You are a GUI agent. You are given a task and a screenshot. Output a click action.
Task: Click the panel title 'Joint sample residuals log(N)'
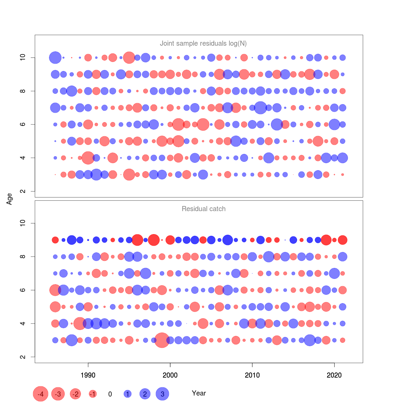tap(203, 43)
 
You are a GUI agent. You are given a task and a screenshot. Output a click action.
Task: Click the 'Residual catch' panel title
tap(203, 209)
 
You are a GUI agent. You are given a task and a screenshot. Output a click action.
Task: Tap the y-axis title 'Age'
tap(9, 199)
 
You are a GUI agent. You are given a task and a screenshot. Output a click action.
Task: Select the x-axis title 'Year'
tap(199, 393)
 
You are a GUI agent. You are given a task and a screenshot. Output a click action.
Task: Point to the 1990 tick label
tap(88, 375)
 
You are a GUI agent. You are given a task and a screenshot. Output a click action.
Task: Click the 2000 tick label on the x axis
tap(170, 375)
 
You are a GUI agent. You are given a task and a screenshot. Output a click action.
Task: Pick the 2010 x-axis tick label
tap(252, 375)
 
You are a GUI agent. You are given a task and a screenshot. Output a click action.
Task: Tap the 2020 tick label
tap(334, 375)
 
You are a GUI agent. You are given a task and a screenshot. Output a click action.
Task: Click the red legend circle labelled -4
tap(41, 394)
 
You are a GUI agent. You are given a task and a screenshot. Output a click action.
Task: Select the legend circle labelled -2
tap(75, 394)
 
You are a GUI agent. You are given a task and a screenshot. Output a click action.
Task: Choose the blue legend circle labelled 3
tap(162, 394)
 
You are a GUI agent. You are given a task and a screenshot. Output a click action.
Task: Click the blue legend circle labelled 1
tap(128, 394)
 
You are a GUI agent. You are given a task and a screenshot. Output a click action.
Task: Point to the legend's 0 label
tap(110, 394)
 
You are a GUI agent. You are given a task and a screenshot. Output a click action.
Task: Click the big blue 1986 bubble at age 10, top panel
tap(55, 58)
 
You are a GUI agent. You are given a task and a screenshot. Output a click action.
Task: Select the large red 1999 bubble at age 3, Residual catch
tap(162, 340)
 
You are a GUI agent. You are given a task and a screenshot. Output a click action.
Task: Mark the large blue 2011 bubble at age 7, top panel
tap(261, 108)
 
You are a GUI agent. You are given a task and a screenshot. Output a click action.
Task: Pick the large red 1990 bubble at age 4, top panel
tap(88, 158)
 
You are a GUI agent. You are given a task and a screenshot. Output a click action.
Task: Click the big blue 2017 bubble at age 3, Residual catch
tap(310, 340)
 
